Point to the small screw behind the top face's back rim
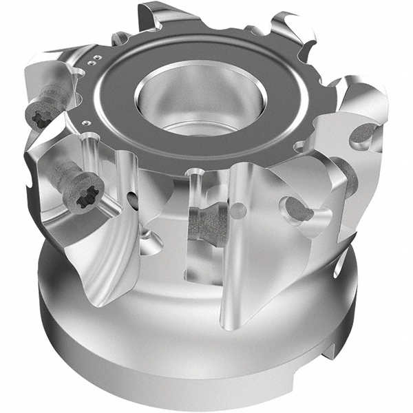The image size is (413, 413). [x=123, y=38]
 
